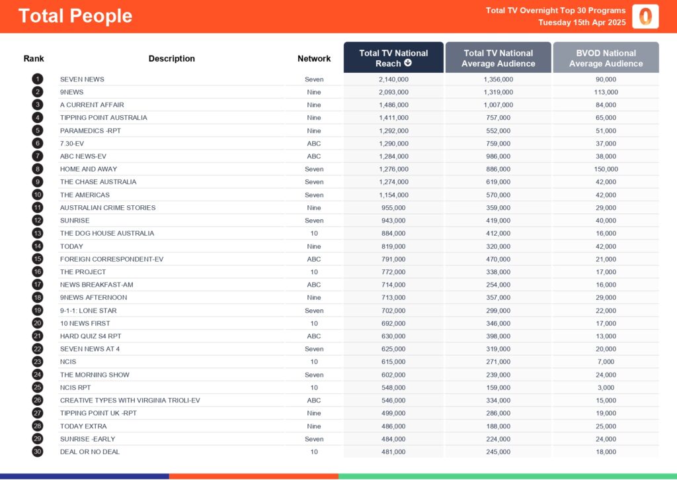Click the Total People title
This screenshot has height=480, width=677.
pos(75,17)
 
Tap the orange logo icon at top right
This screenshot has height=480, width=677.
pos(645,17)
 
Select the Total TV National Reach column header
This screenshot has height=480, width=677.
pos(393,58)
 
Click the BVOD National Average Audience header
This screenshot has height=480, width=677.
pos(606,58)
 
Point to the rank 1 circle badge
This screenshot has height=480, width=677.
pos(37,79)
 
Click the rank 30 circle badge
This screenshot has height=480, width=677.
pos(37,452)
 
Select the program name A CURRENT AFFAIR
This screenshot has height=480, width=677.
pos(92,105)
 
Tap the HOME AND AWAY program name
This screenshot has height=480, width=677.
pos(88,169)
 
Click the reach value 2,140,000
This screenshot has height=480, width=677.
pos(393,79)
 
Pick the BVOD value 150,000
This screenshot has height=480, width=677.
pos(606,169)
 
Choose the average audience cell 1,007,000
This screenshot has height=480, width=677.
pos(498,105)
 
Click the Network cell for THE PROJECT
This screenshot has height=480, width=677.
pos(314,271)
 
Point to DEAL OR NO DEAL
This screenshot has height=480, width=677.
pos(90,452)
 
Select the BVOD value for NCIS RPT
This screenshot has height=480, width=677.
pos(606,387)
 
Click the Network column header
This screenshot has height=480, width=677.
pos(314,58)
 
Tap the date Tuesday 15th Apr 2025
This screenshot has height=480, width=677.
pos(582,23)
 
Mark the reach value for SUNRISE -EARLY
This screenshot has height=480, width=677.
pos(393,439)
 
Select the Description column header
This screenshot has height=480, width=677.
pos(172,58)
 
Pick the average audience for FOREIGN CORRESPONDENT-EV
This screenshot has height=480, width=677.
pos(498,259)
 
